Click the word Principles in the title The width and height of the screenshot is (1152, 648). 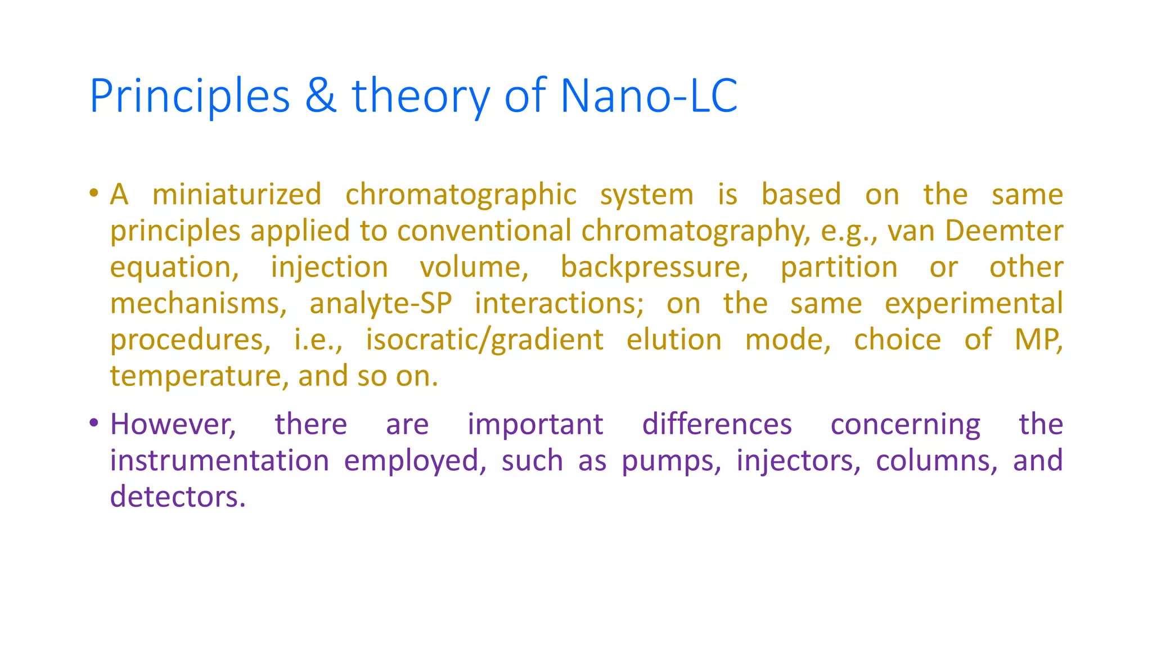click(x=190, y=97)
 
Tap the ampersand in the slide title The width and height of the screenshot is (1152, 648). click(x=321, y=96)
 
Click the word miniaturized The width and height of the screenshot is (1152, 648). click(x=237, y=195)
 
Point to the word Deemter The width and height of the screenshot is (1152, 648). click(x=1004, y=231)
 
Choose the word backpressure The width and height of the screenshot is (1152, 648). click(x=654, y=267)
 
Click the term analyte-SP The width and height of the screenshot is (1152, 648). click(x=381, y=304)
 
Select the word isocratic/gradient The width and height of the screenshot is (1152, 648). click(x=485, y=340)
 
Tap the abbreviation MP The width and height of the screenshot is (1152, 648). click(x=1038, y=340)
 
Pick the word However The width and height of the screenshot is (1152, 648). click(x=173, y=424)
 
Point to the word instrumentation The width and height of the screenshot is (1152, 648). click(x=219, y=461)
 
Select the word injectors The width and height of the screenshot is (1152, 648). click(x=798, y=461)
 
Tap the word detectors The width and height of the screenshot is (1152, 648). click(x=178, y=497)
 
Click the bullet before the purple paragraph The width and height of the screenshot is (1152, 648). click(x=94, y=422)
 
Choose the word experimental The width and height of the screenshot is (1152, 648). click(x=974, y=304)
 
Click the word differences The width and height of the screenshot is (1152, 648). click(x=717, y=424)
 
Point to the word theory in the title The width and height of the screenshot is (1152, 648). click(x=421, y=97)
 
